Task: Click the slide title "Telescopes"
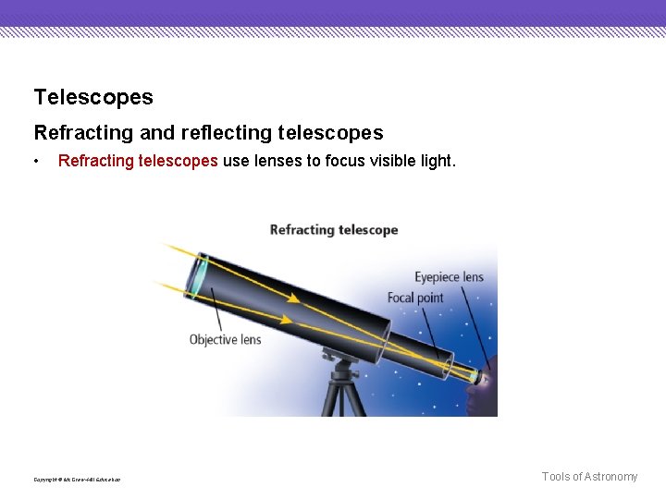pyautogui.click(x=93, y=97)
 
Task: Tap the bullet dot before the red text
pyautogui.click(x=36, y=162)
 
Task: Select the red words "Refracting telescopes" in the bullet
pyautogui.click(x=138, y=161)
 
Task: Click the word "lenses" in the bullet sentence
pyautogui.click(x=278, y=161)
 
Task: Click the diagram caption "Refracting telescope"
pyautogui.click(x=334, y=230)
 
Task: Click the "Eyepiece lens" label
pyautogui.click(x=449, y=277)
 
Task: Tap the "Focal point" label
pyautogui.click(x=415, y=298)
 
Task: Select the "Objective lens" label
pyautogui.click(x=225, y=339)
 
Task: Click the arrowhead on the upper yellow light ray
pyautogui.click(x=292, y=298)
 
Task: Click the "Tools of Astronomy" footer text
pyautogui.click(x=589, y=477)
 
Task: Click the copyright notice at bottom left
pyautogui.click(x=77, y=479)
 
